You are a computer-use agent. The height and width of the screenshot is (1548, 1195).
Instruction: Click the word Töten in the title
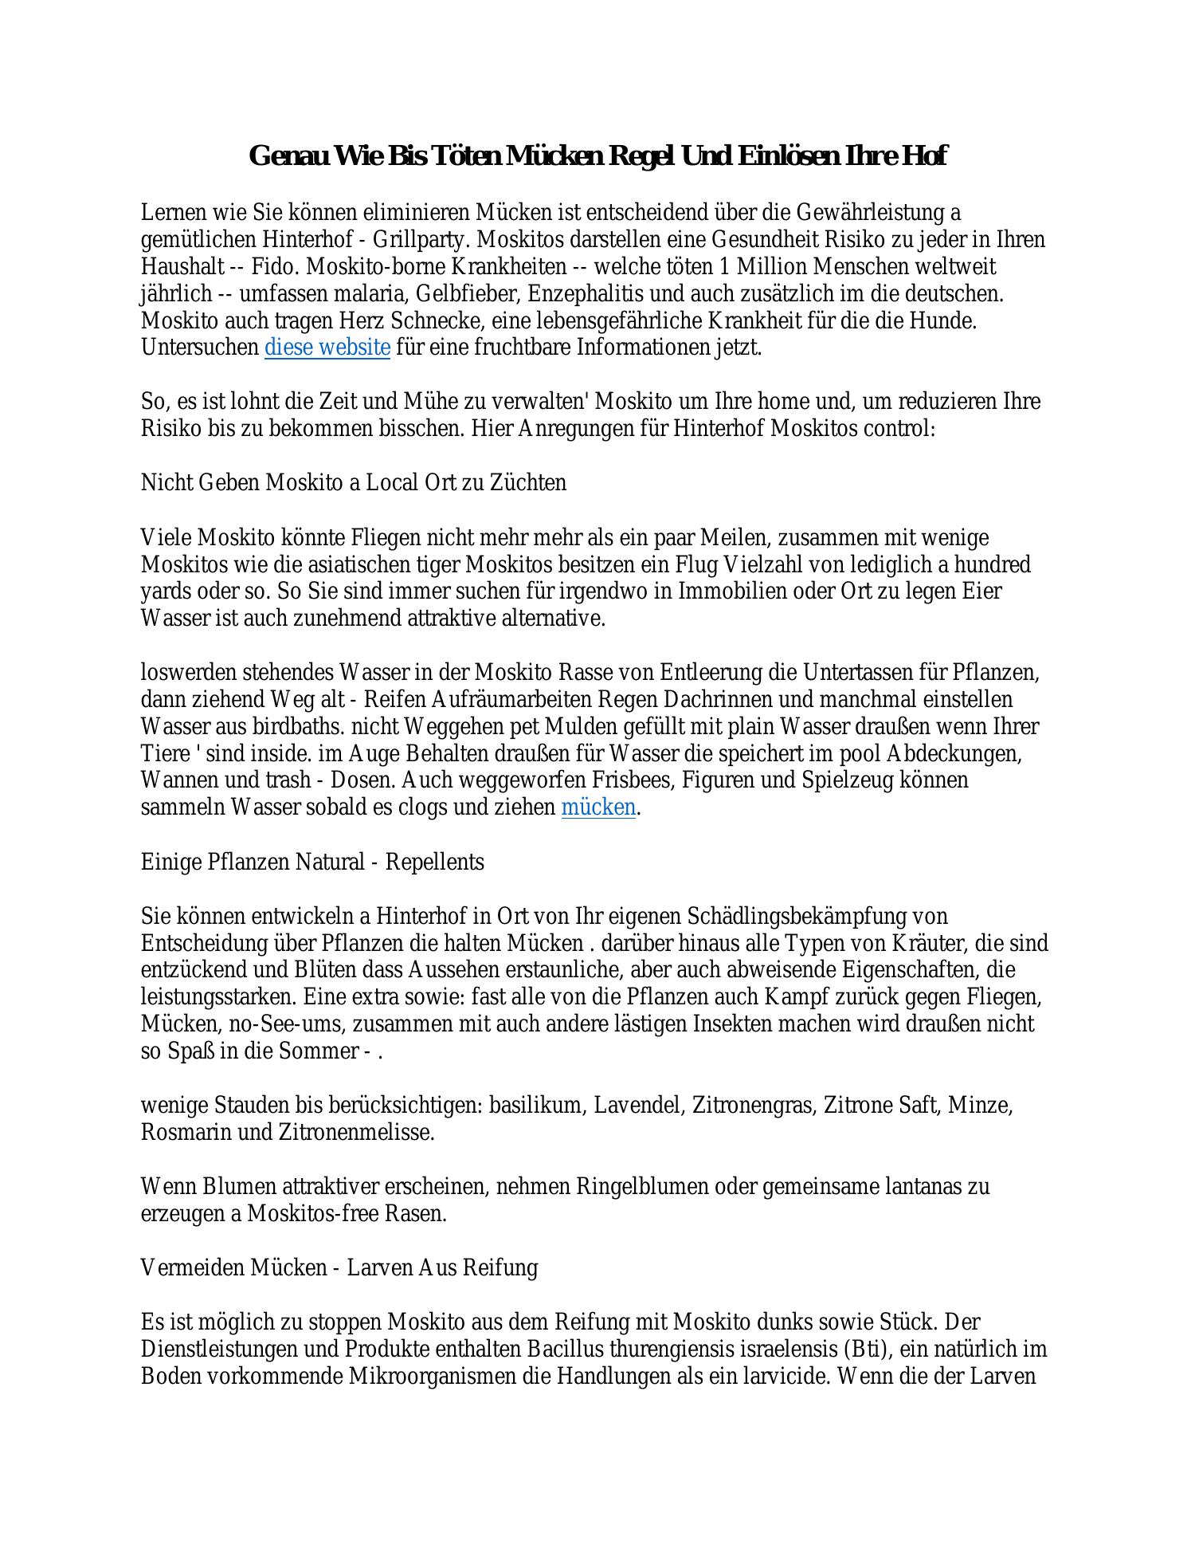click(464, 155)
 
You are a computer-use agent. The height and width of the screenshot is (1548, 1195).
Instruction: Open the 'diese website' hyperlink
click(327, 348)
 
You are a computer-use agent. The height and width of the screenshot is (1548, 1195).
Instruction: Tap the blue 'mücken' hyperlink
click(598, 807)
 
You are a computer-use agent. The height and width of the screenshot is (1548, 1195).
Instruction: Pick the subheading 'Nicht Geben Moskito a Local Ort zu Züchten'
click(354, 483)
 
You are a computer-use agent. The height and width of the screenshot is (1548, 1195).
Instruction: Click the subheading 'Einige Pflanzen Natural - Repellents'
click(312, 862)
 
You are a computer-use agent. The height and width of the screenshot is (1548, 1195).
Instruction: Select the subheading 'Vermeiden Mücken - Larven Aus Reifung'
click(339, 1267)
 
